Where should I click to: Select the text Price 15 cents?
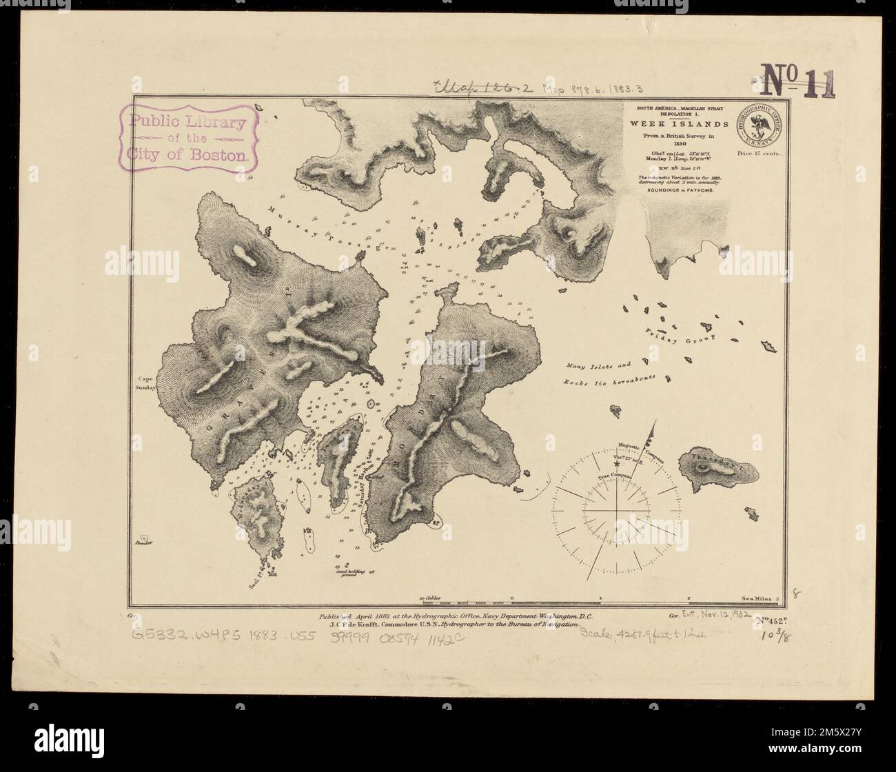[x=760, y=154]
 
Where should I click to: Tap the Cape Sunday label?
[x=146, y=383]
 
